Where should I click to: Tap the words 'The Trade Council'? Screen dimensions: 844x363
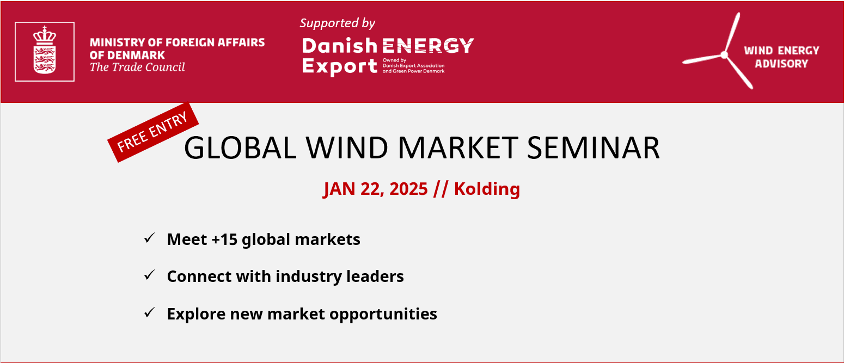[x=137, y=67]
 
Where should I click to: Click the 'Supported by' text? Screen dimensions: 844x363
[x=337, y=23]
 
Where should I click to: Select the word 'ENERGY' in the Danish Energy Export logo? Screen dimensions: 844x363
[x=428, y=46]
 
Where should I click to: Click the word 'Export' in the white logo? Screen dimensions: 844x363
[x=339, y=66]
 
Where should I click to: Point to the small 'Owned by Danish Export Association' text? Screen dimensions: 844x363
[x=413, y=65]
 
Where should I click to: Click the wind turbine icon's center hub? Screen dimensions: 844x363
[x=724, y=55]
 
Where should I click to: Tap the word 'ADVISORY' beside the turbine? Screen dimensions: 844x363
[x=781, y=64]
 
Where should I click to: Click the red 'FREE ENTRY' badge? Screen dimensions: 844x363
[x=153, y=132]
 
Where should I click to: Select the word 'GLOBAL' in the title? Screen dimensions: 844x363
[x=240, y=147]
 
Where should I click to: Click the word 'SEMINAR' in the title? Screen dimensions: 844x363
[x=593, y=147]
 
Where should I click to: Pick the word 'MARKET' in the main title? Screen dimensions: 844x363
[x=458, y=147]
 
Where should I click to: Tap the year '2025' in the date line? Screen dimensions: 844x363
[x=408, y=189]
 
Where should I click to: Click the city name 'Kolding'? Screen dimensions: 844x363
[x=487, y=189]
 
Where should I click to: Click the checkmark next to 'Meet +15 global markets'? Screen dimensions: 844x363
[x=150, y=238]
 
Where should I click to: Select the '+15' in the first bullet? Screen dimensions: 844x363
[x=224, y=239]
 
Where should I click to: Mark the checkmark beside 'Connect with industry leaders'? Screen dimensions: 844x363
[x=150, y=275]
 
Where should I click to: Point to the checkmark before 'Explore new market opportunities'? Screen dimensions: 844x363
[x=150, y=312]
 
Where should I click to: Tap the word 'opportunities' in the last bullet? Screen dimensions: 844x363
[x=383, y=315]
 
